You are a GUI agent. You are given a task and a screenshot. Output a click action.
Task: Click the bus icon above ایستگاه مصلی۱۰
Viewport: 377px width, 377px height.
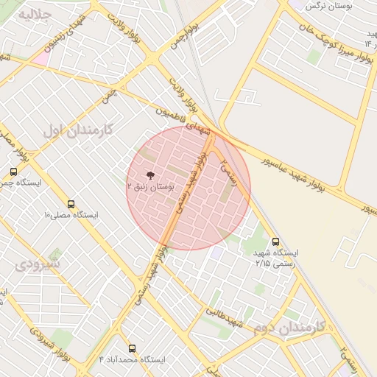pos(71,204)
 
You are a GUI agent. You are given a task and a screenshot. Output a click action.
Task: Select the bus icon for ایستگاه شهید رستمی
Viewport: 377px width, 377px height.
pos(276,241)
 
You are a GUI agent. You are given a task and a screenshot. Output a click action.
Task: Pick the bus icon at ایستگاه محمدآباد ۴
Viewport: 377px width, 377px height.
pos(133,348)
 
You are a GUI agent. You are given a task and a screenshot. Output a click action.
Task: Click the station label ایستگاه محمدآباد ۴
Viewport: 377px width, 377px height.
pos(133,359)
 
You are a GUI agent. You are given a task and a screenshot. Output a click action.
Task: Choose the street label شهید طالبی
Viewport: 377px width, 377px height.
pos(225,318)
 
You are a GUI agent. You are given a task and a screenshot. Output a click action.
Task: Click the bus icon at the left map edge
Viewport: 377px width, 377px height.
pos(13,172)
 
